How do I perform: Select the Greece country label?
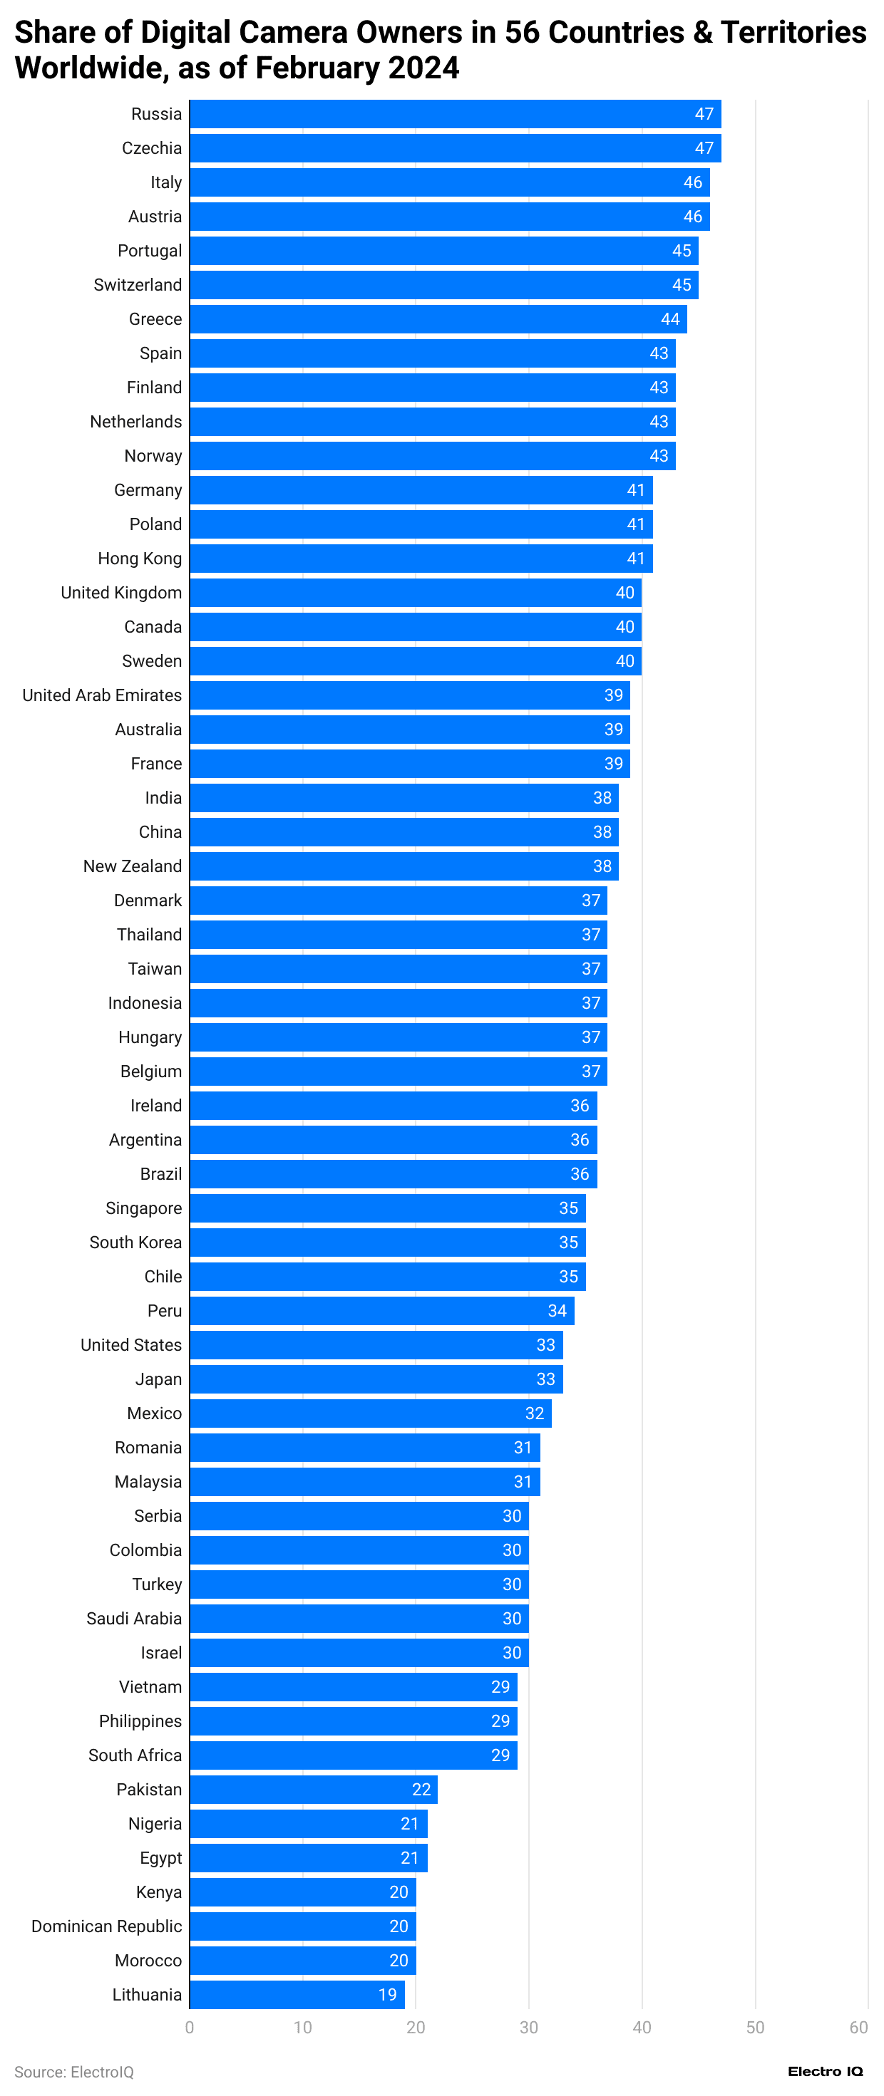pyautogui.click(x=155, y=319)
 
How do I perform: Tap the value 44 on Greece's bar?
pyautogui.click(x=669, y=319)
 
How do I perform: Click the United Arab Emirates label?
pyautogui.click(x=102, y=695)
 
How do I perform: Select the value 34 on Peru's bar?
pyautogui.click(x=557, y=1310)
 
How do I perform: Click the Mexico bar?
pyautogui.click(x=371, y=1413)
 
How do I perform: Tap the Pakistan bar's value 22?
pyautogui.click(x=421, y=1788)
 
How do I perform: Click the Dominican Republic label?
pyautogui.click(x=107, y=1925)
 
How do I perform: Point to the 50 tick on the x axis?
pyautogui.click(x=754, y=2027)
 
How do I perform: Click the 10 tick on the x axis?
pyautogui.click(x=303, y=2027)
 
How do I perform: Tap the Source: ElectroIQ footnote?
pyautogui.click(x=74, y=2072)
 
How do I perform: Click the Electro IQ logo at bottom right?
pyautogui.click(x=825, y=2071)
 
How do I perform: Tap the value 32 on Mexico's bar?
pyautogui.click(x=534, y=1413)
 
